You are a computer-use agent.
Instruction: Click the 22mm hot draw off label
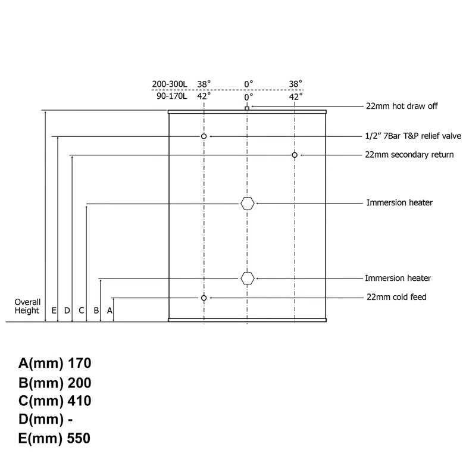click(x=402, y=106)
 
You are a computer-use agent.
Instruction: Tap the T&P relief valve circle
click(x=204, y=136)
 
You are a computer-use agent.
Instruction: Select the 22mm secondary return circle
click(x=295, y=155)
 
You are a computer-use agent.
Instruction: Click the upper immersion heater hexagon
click(x=247, y=204)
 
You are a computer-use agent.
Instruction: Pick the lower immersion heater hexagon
click(x=247, y=279)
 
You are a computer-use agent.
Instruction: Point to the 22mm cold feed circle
click(x=204, y=298)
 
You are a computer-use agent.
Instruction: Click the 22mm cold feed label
click(x=396, y=297)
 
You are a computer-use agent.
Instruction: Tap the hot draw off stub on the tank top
click(x=247, y=108)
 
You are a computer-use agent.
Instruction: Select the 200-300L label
click(x=170, y=84)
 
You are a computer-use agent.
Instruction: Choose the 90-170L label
click(x=171, y=96)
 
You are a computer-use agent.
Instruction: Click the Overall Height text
click(x=27, y=306)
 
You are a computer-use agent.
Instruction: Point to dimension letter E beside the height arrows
click(x=54, y=311)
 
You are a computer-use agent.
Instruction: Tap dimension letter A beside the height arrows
click(x=110, y=311)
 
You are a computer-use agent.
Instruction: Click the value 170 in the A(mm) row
click(x=79, y=363)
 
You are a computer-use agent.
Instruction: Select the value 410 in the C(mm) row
click(x=79, y=401)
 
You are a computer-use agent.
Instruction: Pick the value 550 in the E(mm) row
click(x=79, y=438)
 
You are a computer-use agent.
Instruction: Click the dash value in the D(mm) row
click(x=70, y=420)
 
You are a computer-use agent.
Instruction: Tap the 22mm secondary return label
click(x=409, y=155)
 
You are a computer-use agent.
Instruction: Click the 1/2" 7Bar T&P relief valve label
click(x=413, y=136)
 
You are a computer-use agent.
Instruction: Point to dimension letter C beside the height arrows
click(x=82, y=311)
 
